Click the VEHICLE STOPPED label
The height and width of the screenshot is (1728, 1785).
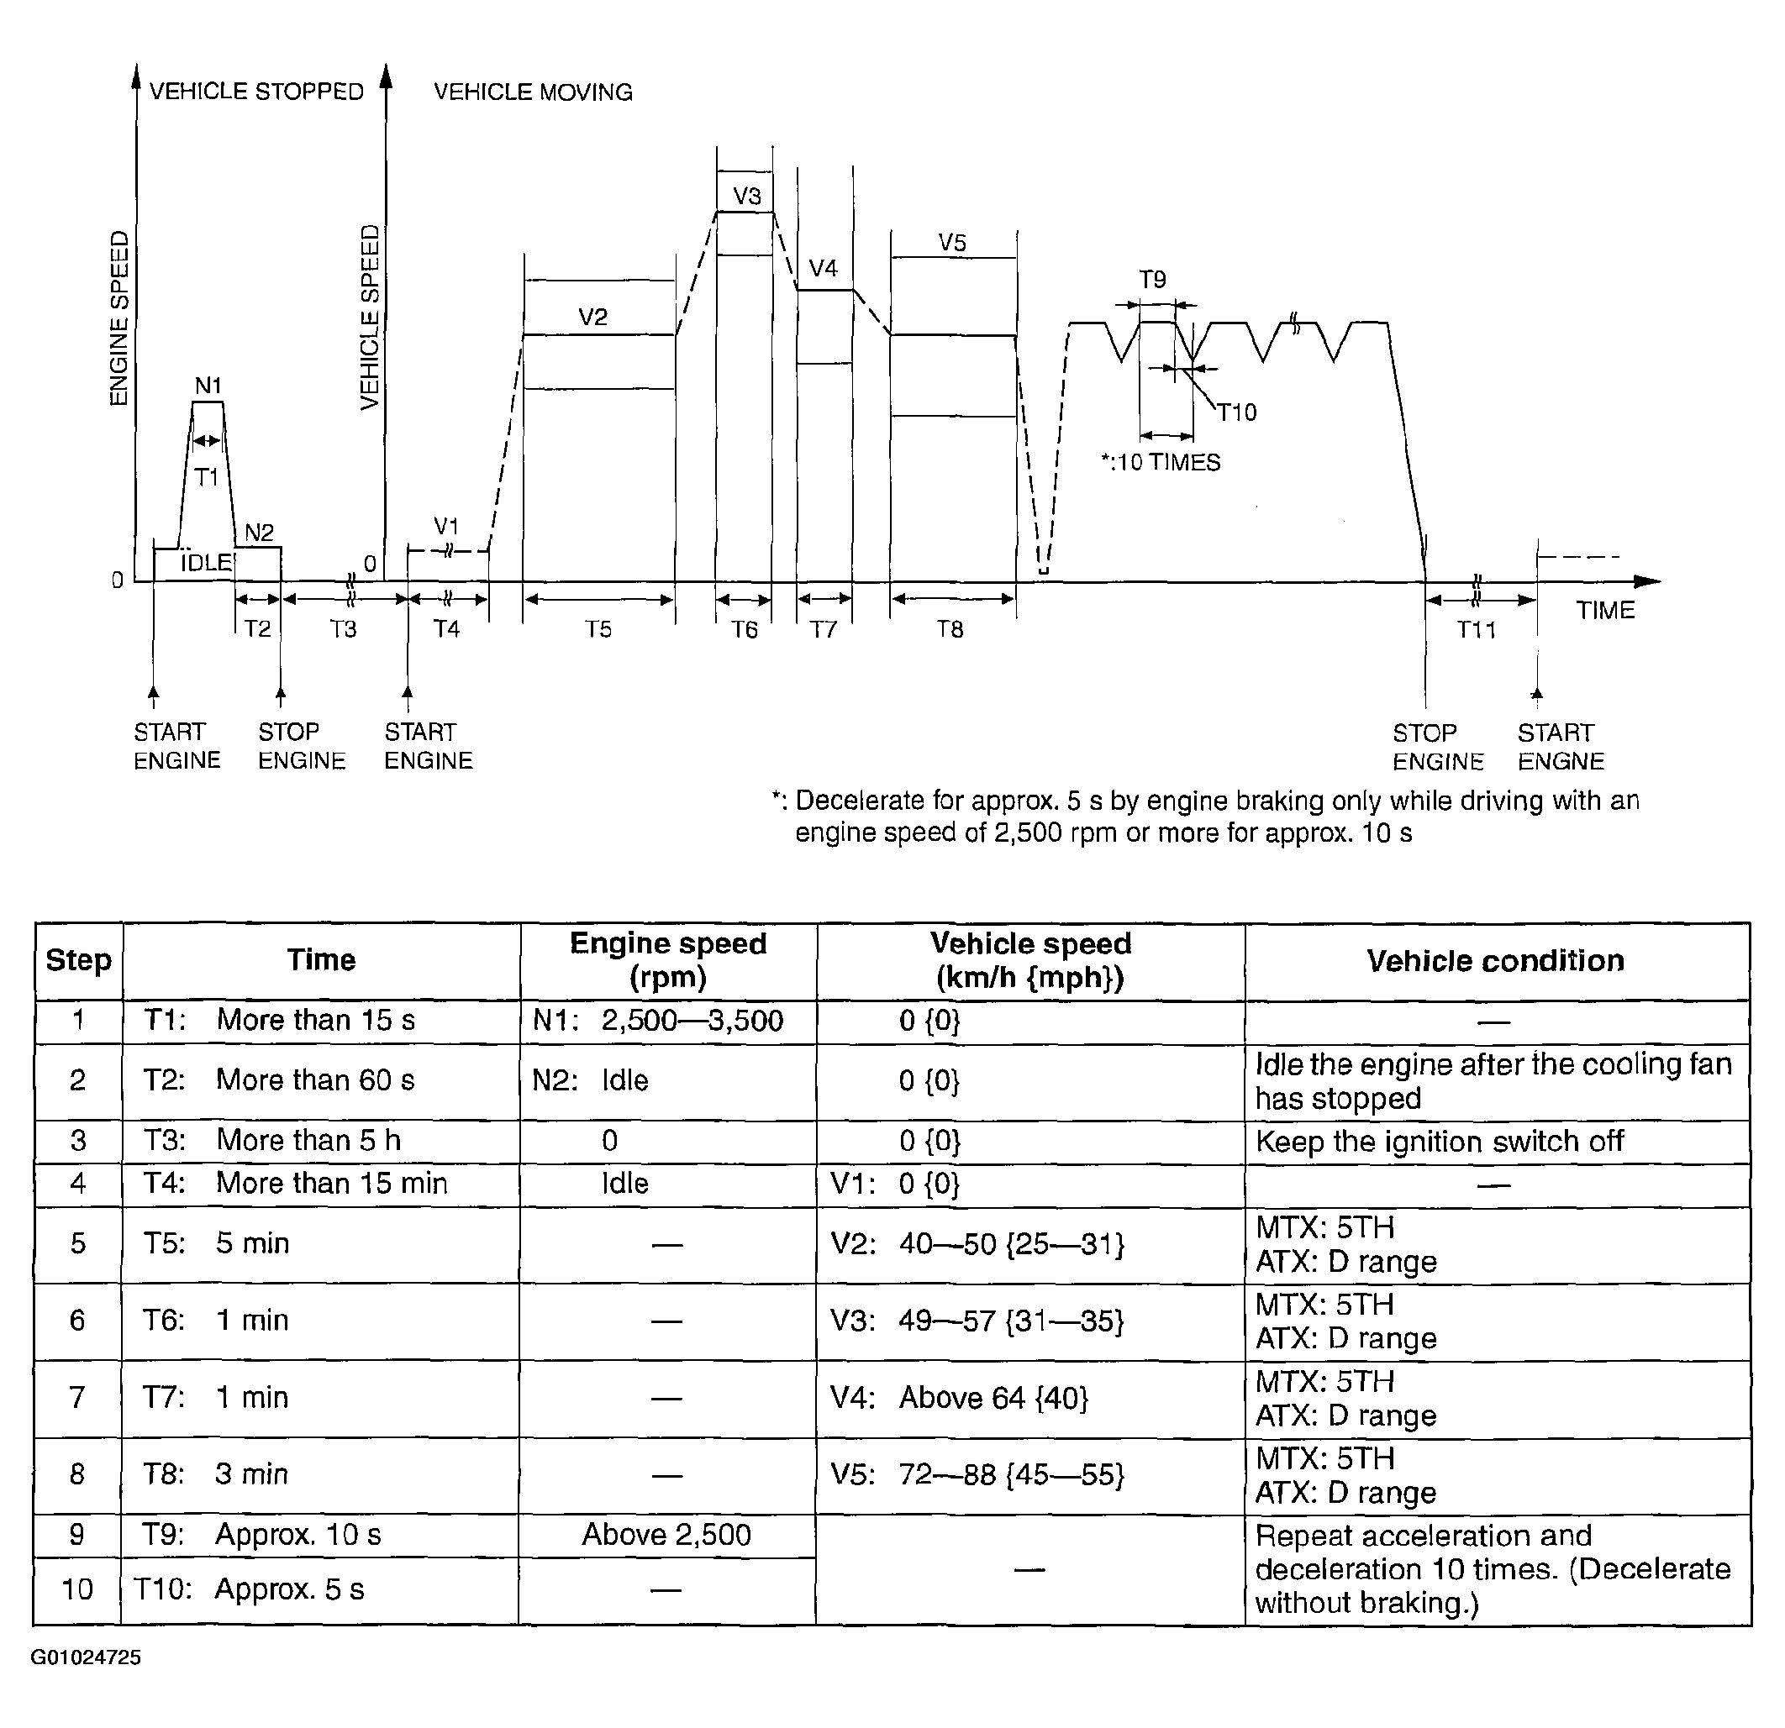[256, 92]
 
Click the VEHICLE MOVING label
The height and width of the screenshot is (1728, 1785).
[533, 92]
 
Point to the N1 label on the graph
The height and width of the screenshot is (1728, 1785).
[208, 386]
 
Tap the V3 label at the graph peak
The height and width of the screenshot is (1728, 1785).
[747, 196]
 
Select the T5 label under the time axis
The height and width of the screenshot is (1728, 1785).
[598, 630]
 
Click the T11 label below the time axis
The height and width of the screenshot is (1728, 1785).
[1477, 630]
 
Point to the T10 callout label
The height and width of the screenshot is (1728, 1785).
[1237, 413]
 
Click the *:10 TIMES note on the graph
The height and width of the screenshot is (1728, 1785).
[1161, 463]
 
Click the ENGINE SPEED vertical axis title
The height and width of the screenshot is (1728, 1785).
[119, 318]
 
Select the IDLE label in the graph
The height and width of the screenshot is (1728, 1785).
[206, 564]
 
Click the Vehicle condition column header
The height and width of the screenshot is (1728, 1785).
[1495, 960]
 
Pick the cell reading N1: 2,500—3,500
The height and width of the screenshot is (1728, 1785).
[657, 1021]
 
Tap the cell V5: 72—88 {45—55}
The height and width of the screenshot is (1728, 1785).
[977, 1474]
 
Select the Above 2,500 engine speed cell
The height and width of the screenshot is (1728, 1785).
[666, 1535]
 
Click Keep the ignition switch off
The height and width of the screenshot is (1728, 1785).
[1439, 1141]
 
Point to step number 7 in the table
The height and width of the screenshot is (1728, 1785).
[77, 1398]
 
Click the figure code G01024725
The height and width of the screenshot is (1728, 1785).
[86, 1657]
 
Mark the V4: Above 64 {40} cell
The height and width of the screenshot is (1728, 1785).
[959, 1398]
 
